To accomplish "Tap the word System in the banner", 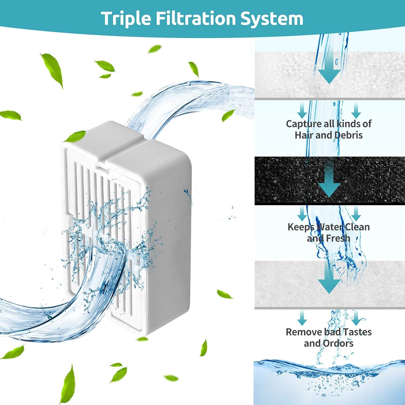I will [272, 18].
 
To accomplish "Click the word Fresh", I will [338, 238].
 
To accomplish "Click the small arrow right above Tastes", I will [356, 318].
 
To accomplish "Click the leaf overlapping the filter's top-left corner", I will [76, 136].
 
